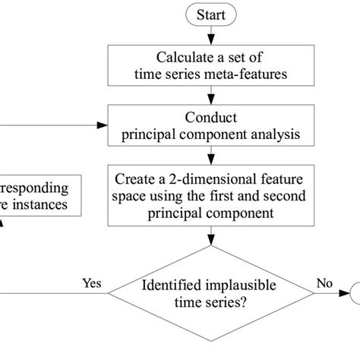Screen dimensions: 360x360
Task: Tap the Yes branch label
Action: pos(92,284)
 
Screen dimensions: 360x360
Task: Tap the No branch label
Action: pos(324,284)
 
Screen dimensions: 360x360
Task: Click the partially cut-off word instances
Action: pos(44,205)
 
